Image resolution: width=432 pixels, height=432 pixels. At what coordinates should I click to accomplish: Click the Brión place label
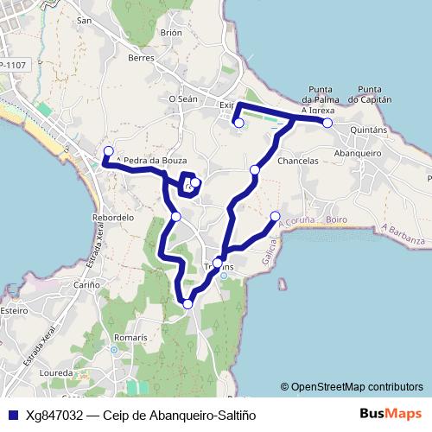[171, 33]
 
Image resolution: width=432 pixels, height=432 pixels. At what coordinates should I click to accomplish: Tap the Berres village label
[140, 58]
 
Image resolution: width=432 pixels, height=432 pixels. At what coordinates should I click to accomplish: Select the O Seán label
[183, 99]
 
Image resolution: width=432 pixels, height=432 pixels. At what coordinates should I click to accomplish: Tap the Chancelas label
[299, 161]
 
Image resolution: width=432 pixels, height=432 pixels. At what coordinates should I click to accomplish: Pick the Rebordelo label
[113, 219]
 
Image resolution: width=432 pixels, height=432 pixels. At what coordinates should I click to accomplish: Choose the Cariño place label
[86, 284]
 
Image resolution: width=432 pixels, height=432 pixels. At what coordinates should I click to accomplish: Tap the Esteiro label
[14, 308]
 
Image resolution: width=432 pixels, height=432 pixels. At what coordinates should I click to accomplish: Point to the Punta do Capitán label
[370, 94]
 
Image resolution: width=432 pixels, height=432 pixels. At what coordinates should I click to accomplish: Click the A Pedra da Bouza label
[150, 161]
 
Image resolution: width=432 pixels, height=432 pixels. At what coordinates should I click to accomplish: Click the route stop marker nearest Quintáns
[327, 124]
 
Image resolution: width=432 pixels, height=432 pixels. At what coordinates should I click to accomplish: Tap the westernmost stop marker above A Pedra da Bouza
[108, 150]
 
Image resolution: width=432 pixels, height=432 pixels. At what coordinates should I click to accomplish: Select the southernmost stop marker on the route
[187, 302]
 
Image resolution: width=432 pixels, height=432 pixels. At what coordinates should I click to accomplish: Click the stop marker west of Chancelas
[254, 170]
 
